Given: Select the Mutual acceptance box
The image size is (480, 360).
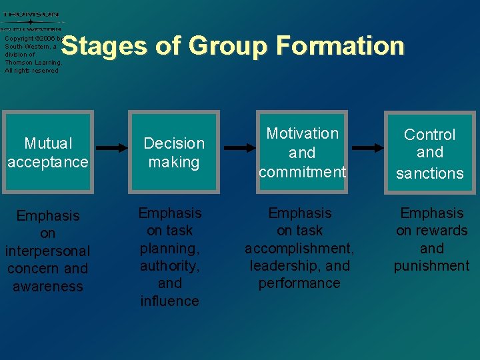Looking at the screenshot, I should (48, 153).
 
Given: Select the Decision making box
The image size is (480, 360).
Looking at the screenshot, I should (174, 153).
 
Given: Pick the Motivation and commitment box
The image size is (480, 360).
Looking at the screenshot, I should (303, 153).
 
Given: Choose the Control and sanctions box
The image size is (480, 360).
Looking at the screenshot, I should (430, 153).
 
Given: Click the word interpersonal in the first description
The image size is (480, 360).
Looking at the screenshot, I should (47, 251).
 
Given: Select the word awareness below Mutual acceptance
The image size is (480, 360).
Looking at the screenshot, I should (48, 287).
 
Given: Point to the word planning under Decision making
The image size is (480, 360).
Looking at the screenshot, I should (170, 249).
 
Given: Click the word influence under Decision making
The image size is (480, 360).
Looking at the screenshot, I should (169, 301).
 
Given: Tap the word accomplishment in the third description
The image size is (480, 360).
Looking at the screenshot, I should (299, 249).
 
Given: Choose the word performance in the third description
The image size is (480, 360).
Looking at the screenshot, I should (299, 283).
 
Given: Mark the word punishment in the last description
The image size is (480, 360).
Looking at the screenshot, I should (431, 266).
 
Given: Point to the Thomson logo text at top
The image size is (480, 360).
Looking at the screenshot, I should (30, 15).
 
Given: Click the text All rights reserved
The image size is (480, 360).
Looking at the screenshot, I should (31, 70).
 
